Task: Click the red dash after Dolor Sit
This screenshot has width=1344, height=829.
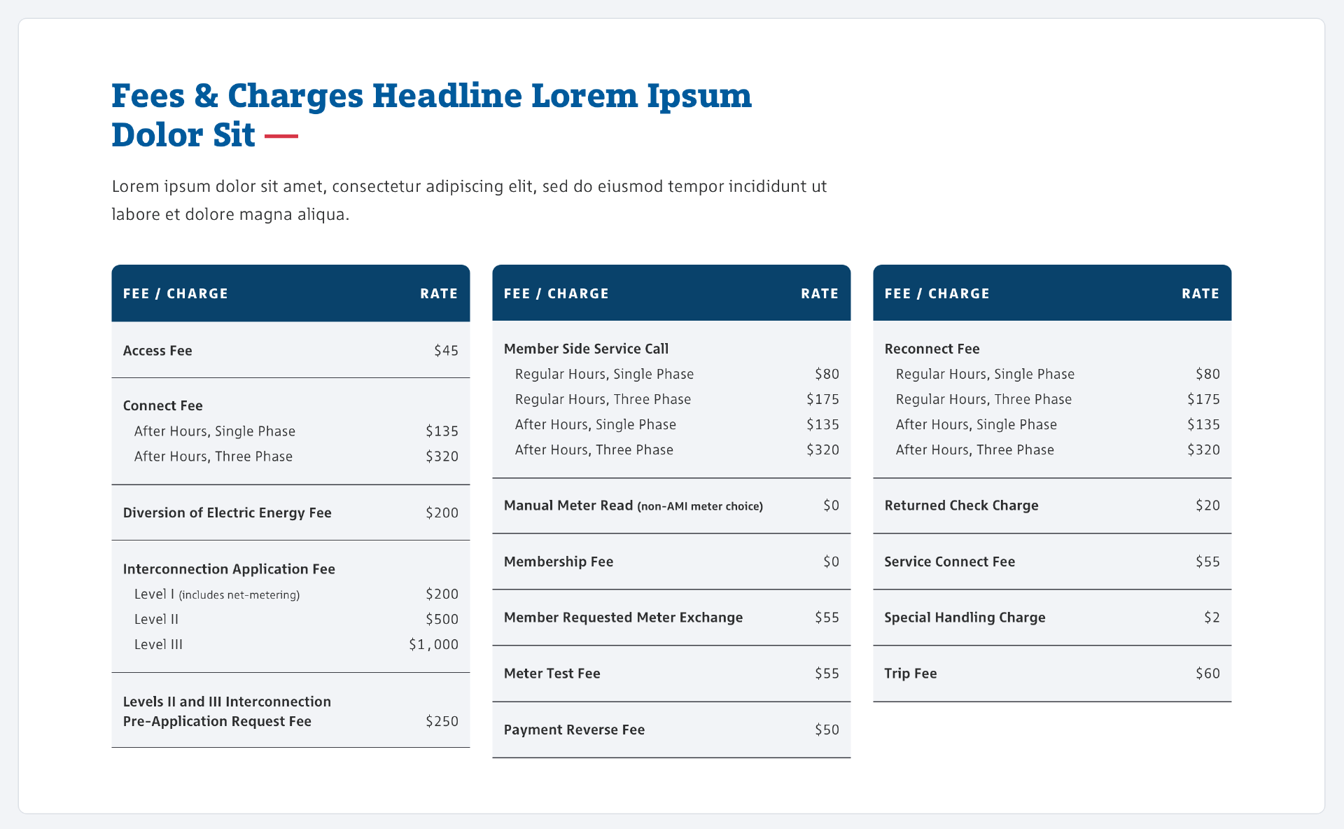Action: point(281,136)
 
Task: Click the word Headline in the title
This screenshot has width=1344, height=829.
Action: point(447,95)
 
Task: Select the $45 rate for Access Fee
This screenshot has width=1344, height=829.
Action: point(446,350)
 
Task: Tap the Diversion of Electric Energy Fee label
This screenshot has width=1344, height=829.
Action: point(227,513)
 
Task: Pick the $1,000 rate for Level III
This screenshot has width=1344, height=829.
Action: point(433,644)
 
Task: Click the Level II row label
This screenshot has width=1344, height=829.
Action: point(156,619)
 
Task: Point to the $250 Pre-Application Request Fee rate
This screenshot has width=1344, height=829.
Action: point(442,721)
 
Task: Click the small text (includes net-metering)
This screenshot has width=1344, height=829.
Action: point(239,595)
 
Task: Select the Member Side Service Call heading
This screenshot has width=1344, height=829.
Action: point(586,349)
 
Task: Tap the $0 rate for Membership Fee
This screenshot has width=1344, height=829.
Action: point(831,562)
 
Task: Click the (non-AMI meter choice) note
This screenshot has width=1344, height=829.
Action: point(700,506)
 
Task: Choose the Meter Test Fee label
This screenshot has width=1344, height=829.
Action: point(552,674)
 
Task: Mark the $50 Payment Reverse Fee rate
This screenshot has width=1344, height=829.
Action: point(827,730)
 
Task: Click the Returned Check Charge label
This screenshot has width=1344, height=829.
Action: point(961,506)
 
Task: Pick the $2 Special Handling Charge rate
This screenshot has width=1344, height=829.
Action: point(1212,618)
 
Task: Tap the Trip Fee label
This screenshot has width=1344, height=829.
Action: point(910,674)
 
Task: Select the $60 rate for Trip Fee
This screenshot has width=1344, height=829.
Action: point(1207,674)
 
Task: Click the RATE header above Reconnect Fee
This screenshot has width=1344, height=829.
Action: point(1200,293)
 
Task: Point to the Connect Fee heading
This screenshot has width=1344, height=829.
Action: point(162,405)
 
